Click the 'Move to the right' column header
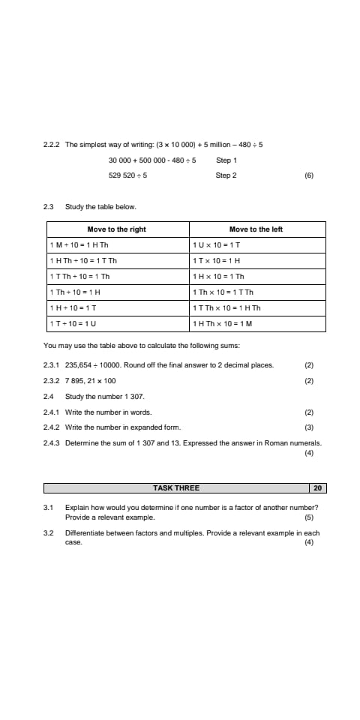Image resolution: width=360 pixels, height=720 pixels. tap(116, 229)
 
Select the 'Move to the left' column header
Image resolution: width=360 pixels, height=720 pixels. tap(256, 229)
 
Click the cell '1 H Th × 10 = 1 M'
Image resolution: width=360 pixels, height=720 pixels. tap(223, 324)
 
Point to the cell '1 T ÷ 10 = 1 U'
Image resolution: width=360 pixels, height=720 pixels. tap(73, 324)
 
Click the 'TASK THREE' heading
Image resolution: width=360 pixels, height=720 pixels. tap(176, 488)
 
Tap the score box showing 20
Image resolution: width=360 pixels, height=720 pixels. tap(318, 488)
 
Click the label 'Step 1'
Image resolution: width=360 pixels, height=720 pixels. tap(226, 160)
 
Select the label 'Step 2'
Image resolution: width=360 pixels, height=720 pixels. tap(226, 175)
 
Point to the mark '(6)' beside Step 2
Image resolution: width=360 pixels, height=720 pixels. tap(308, 175)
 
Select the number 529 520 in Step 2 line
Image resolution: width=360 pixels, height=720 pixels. tap(120, 175)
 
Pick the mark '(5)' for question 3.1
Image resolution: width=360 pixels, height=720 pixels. tap(308, 517)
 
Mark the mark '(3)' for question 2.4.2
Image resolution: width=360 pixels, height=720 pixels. tap(308, 427)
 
